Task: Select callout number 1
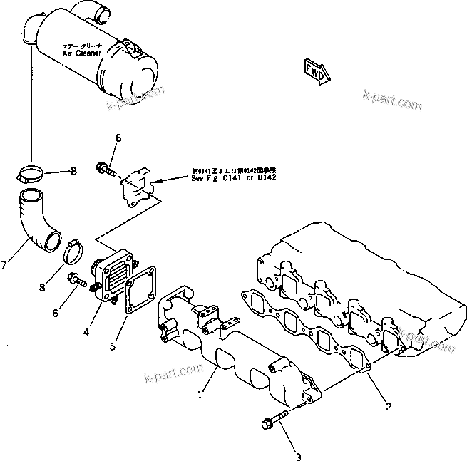click(202, 392)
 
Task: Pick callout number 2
click(389, 407)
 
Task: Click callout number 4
click(86, 331)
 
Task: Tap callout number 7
click(6, 266)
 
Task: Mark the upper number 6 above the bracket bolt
click(118, 138)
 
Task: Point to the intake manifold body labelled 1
click(228, 342)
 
